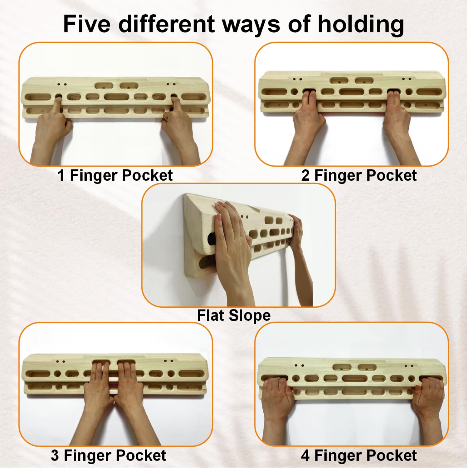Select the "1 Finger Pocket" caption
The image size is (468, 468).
click(x=115, y=175)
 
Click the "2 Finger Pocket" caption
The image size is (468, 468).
click(x=359, y=175)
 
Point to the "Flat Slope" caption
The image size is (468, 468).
click(x=234, y=315)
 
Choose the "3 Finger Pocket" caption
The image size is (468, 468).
click(x=109, y=456)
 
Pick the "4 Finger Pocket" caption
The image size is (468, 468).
click(x=359, y=456)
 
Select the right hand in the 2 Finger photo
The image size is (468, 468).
click(x=398, y=125)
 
